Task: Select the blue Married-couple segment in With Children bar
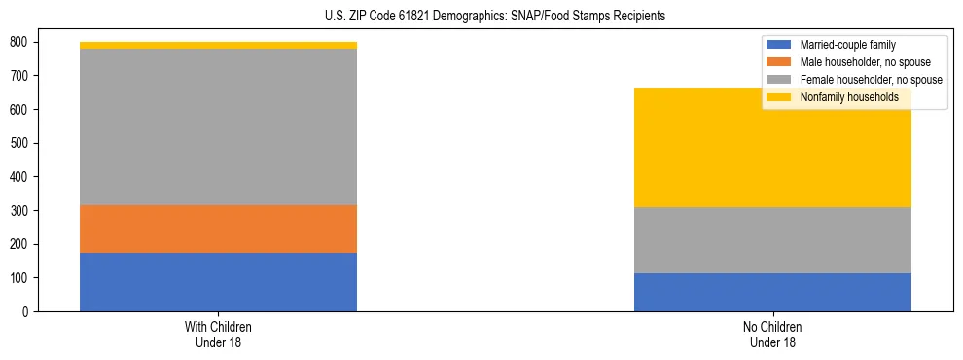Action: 218,282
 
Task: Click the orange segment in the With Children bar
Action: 218,229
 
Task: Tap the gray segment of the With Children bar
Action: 218,126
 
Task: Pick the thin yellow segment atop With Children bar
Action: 218,45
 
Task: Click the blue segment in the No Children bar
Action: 772,292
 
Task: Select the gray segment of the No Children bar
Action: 772,240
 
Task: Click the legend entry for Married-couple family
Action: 846,45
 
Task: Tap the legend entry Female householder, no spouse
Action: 865,80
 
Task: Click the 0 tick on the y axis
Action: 25,312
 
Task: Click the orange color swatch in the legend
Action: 780,62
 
